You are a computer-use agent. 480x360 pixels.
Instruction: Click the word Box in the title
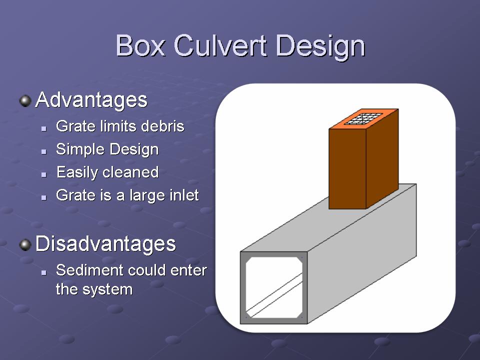(140, 46)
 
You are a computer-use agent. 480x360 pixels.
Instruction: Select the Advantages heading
(91, 100)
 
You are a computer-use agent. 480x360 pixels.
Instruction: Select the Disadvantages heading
(105, 243)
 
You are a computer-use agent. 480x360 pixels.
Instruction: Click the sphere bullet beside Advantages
(25, 100)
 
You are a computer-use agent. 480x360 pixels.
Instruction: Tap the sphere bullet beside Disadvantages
(25, 244)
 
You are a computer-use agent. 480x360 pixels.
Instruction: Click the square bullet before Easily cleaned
(44, 174)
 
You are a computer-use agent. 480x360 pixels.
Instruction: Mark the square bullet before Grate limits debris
(44, 128)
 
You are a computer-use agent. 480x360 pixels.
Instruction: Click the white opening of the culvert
(274, 287)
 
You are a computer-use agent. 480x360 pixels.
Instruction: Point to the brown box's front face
(347, 168)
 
